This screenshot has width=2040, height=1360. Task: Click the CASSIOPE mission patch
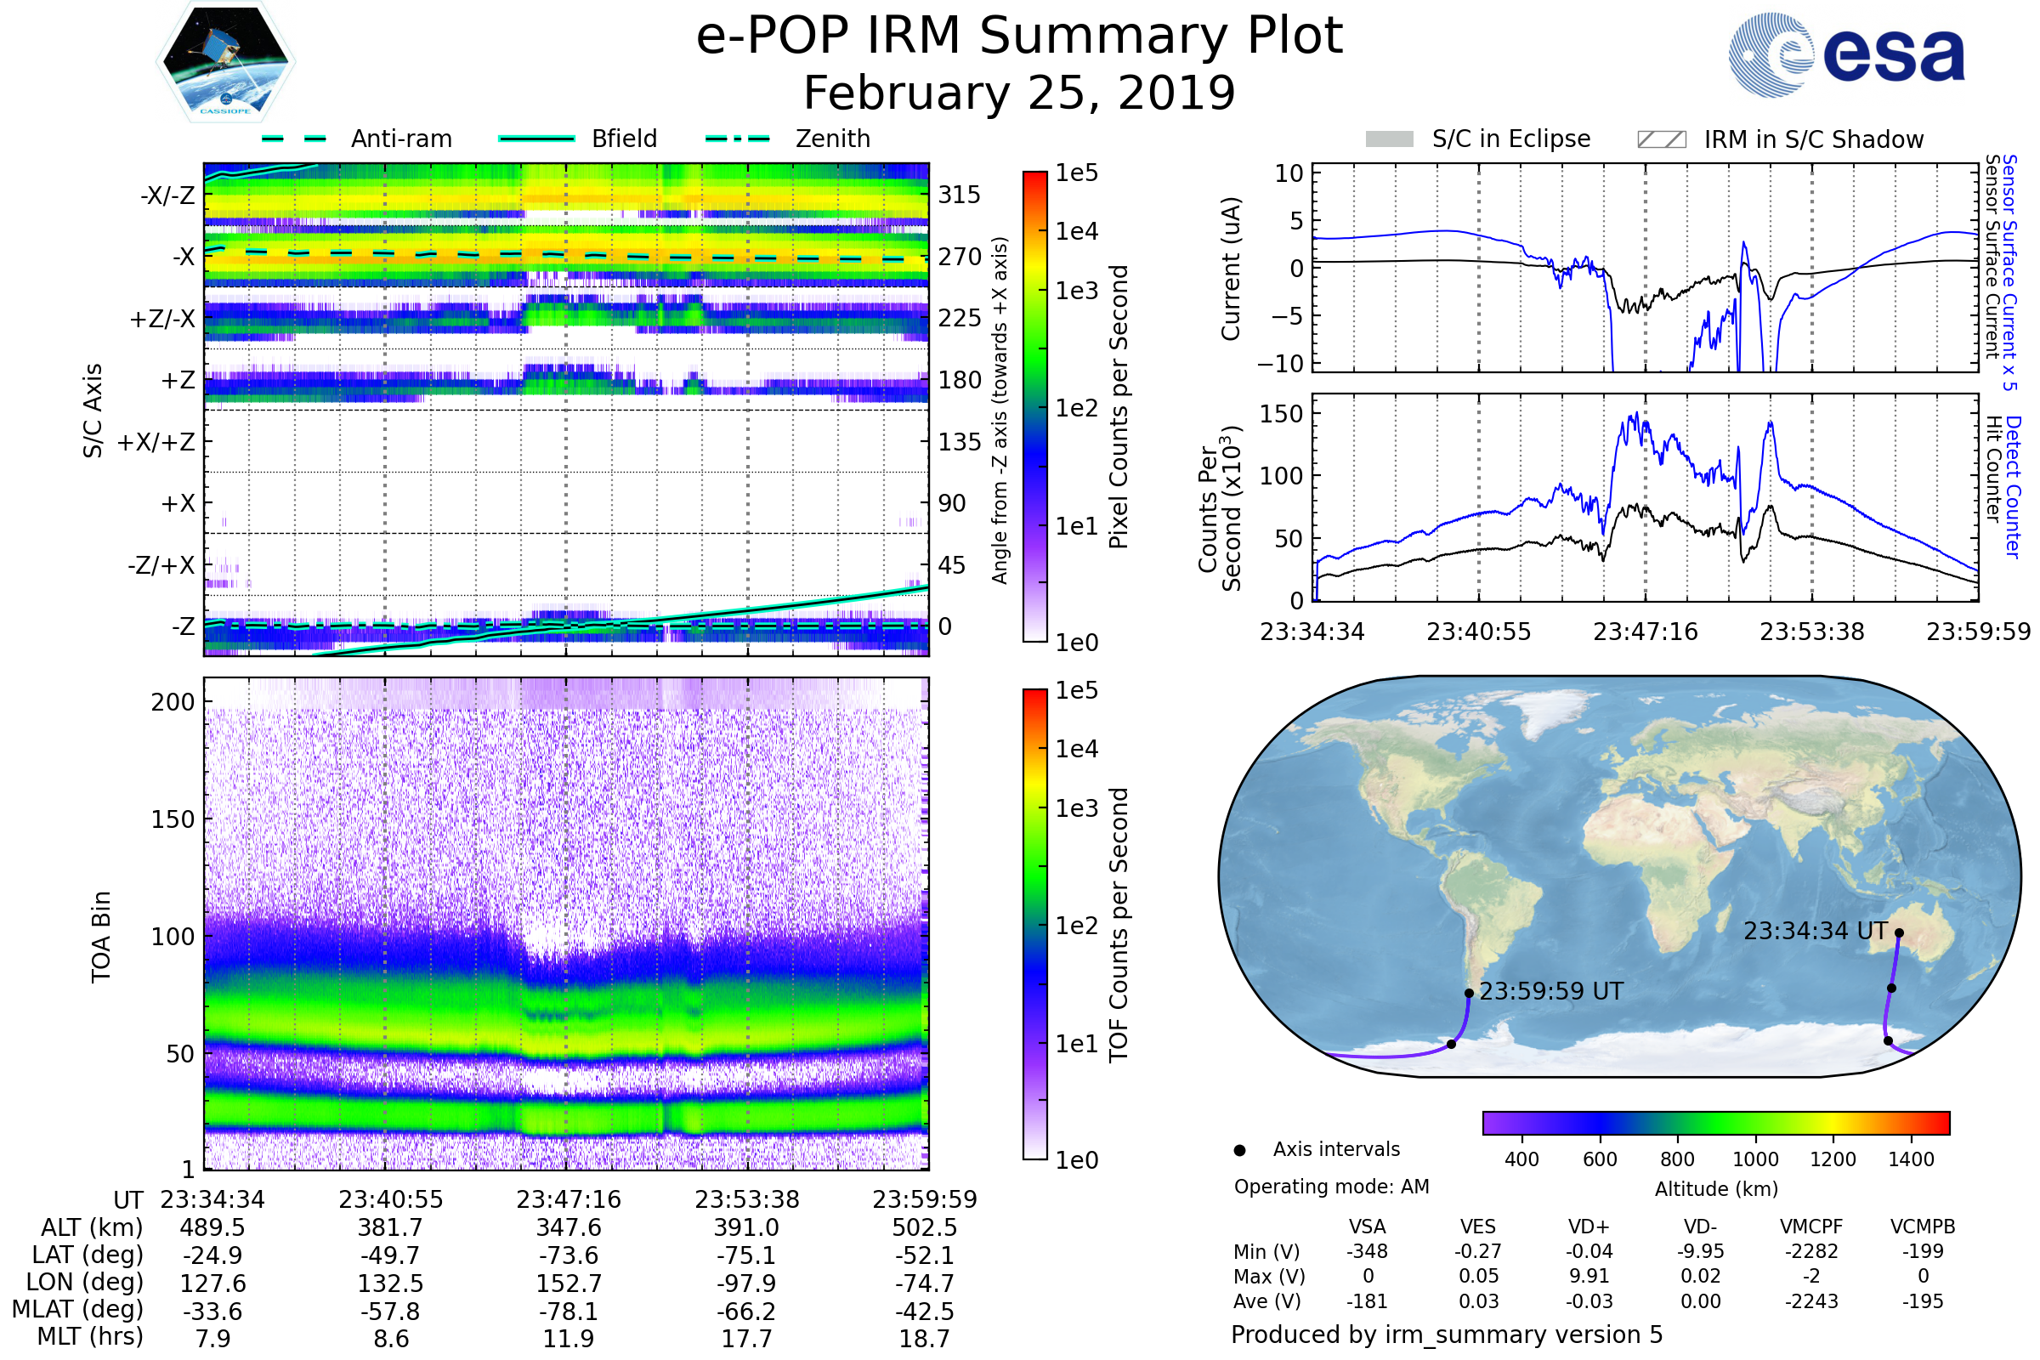225,60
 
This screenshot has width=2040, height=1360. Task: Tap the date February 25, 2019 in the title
1019,93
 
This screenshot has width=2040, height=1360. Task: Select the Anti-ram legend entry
356,139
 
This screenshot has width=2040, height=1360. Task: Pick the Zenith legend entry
788,139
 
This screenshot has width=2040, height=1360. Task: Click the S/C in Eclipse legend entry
1477,139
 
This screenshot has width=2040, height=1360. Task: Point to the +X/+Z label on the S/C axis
156,442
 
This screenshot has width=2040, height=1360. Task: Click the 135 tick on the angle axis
960,442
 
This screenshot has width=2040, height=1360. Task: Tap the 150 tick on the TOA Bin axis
173,819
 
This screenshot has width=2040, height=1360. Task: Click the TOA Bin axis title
100,937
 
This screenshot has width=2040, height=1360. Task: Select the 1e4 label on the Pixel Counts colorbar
1076,231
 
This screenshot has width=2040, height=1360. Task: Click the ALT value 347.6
569,1228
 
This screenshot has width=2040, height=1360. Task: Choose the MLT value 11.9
569,1338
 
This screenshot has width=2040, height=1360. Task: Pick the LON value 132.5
391,1283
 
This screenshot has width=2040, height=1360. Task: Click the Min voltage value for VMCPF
1811,1251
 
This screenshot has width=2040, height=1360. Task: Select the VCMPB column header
1923,1227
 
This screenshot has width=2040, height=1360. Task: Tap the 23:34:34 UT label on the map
1816,932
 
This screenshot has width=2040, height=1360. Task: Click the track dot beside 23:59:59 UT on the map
1470,994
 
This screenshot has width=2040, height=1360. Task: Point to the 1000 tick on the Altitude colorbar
1755,1159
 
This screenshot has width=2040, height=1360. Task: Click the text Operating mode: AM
1331,1187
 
